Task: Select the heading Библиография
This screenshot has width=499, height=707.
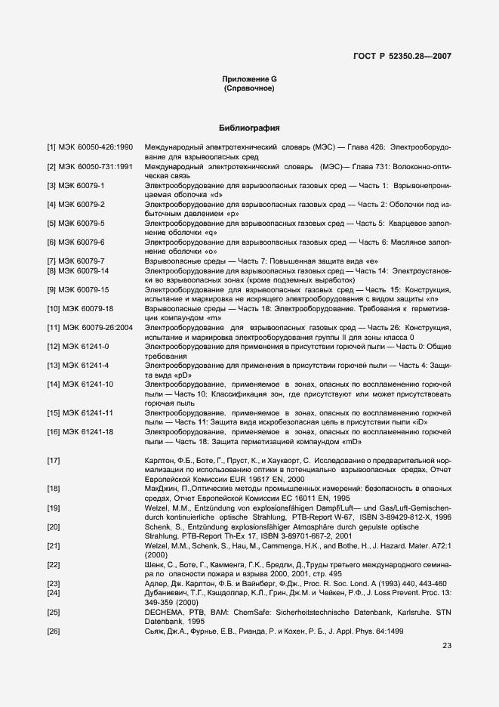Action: (249, 128)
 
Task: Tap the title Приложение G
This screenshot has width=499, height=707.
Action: (249, 79)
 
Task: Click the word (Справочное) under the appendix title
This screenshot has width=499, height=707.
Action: (249, 89)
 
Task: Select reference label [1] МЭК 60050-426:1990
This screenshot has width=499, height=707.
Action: (90, 145)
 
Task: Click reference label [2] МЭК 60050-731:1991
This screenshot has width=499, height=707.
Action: (90, 165)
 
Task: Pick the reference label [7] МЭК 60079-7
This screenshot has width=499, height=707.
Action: (79, 261)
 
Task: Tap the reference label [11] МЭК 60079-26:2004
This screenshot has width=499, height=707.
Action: (91, 328)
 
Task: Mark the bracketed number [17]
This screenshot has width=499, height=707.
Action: (54, 460)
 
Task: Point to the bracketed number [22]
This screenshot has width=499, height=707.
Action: (54, 564)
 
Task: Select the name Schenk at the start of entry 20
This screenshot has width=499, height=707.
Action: (157, 526)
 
